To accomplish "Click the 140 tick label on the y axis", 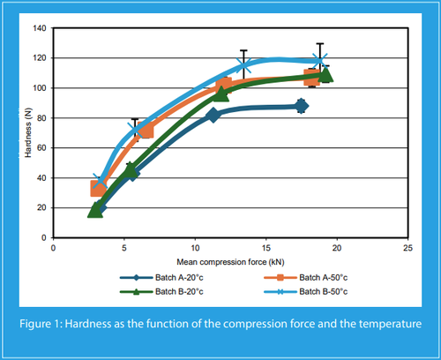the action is (40, 28).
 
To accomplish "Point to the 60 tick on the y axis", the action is (41, 148).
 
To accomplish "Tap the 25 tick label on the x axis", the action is (407, 248).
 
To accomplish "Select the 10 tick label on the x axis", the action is (195, 248).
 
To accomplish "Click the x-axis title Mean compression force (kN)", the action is (230, 262).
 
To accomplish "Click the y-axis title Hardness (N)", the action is (28, 132).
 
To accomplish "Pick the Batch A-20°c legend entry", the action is (161, 277).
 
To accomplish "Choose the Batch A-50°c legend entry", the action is (306, 277).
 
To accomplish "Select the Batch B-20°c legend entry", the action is (161, 291).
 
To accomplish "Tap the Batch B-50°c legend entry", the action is (306, 291).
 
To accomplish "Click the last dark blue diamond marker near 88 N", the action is (301, 106).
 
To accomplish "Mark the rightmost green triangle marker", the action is (325, 75).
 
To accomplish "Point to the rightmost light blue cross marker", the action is (319, 61).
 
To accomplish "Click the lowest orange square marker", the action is (98, 189).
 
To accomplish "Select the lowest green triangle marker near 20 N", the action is (95, 211).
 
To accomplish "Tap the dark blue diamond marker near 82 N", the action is (213, 115).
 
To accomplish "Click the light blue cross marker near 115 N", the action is (243, 65).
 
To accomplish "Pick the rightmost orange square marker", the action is (311, 77).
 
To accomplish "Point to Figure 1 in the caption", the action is (41, 324).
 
